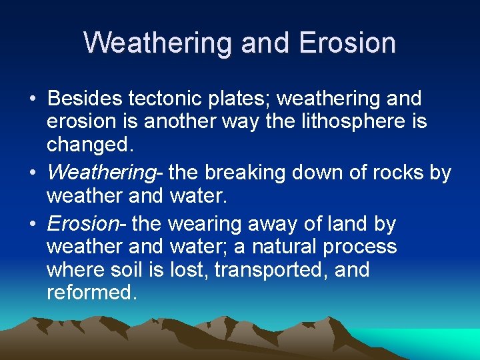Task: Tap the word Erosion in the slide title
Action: click(x=347, y=43)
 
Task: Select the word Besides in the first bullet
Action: click(x=84, y=99)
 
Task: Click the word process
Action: click(x=360, y=247)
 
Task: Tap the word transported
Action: click(x=267, y=271)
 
